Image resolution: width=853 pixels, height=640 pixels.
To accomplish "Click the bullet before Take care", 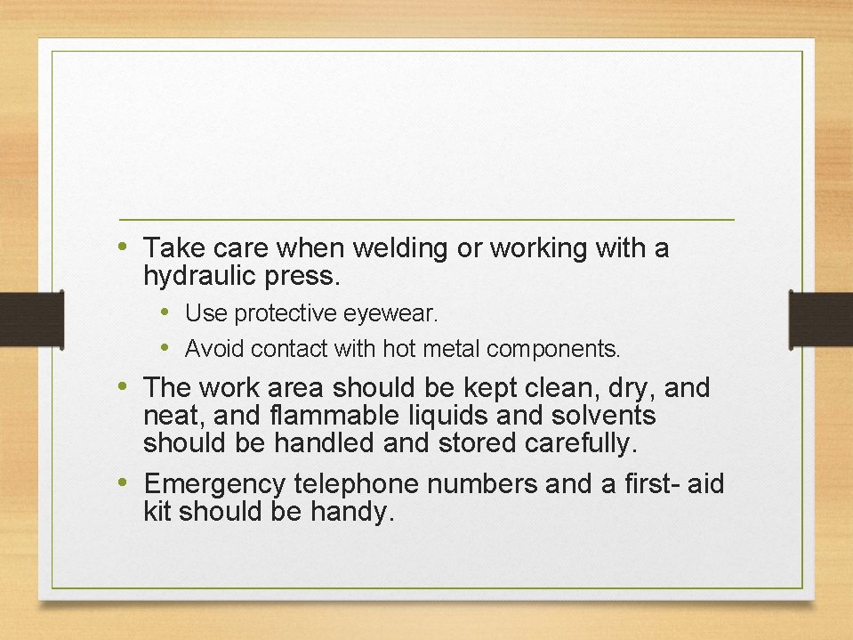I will pos(123,245).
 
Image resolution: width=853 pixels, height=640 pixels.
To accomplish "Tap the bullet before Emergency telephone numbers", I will pos(123,482).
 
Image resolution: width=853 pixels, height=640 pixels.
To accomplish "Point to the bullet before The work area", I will pos(123,385).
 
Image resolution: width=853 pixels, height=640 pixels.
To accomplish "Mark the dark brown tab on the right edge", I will pos(821,318).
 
